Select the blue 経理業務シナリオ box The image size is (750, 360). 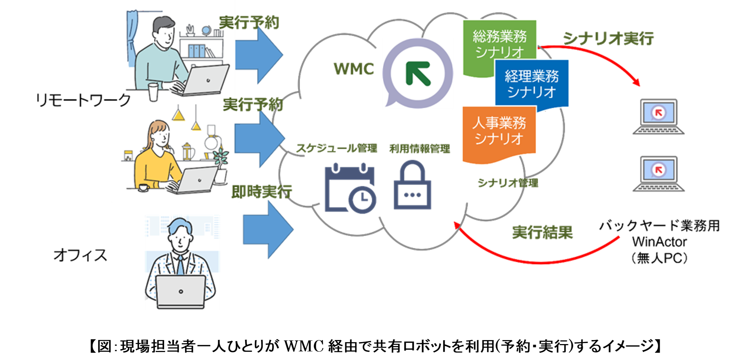pos(532,84)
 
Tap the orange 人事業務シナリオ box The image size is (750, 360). pos(499,131)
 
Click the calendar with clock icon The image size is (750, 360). pos(350,188)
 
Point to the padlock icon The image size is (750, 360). pos(412,186)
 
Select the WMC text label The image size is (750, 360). pos(354,69)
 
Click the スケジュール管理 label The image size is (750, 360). pos(336,148)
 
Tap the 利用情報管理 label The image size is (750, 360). pos(420,149)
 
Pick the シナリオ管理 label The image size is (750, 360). pos(508,183)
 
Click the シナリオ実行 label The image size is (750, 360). pos(608,38)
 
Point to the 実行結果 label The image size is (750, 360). pos(542,232)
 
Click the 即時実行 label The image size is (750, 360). pos(262,192)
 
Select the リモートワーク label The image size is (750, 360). pos(83,100)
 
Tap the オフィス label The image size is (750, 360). pos(80,255)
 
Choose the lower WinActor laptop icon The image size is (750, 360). pos(659,174)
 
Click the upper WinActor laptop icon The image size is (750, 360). pos(659,116)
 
